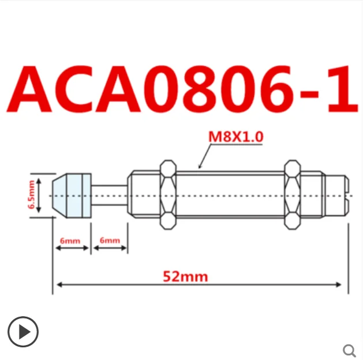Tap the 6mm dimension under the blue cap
point(72,240)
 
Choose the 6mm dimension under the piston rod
point(110,240)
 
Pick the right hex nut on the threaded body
point(293,195)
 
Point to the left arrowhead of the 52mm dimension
point(57,284)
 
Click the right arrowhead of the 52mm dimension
point(343,284)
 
